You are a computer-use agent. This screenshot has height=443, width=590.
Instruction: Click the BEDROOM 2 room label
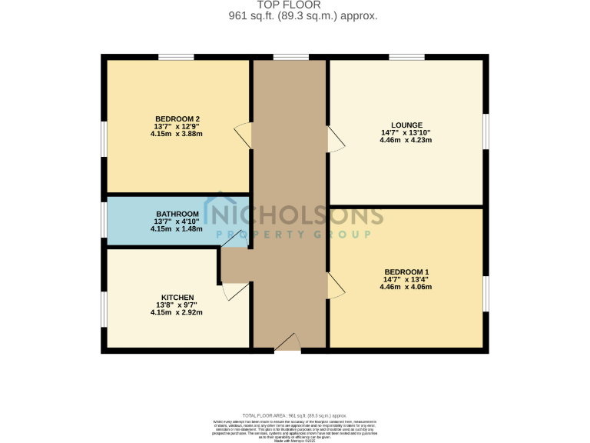[177, 118]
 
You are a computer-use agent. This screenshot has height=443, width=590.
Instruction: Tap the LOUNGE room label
[406, 125]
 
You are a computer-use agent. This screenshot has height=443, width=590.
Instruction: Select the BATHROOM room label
[177, 214]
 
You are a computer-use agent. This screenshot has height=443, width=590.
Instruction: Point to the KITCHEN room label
[177, 298]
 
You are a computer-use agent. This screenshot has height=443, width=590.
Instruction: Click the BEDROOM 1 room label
[406, 272]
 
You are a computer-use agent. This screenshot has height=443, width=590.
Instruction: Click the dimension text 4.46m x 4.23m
[406, 140]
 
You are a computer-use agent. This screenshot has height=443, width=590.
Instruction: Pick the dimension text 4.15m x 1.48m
[177, 228]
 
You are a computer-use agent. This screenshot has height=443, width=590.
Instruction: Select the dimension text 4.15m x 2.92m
[177, 313]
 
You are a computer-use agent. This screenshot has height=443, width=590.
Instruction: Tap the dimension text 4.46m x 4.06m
[406, 288]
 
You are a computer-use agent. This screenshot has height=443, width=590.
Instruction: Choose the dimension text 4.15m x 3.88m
[177, 134]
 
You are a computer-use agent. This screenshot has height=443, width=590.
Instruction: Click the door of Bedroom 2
[244, 135]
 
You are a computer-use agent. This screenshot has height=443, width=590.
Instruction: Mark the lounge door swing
[336, 140]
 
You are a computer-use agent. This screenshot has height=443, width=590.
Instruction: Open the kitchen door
[234, 291]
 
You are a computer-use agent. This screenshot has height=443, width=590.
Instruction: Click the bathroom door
[231, 239]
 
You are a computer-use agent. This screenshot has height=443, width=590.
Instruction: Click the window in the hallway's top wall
[290, 56]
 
